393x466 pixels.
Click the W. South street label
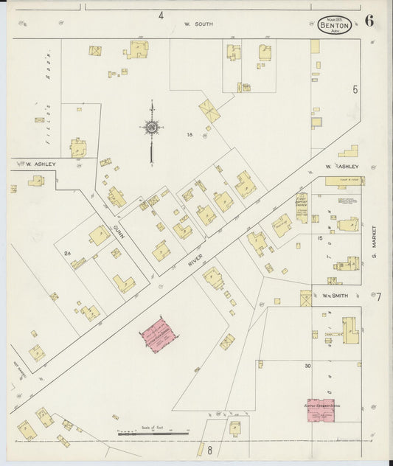pos(198,24)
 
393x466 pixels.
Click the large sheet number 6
pos(369,21)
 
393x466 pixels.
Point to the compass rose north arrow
pos(151,130)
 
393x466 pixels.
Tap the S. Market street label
pos(374,246)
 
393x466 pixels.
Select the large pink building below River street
pos(159,336)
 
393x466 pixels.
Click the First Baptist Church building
pos(302,208)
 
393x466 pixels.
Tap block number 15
pos(320,237)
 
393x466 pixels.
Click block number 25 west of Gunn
pos(67,254)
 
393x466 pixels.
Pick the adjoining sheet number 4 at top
pos(159,15)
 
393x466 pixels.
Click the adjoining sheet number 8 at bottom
pos(209,449)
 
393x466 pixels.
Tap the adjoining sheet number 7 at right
pos(378,296)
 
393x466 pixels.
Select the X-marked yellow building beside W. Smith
pos(306,299)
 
